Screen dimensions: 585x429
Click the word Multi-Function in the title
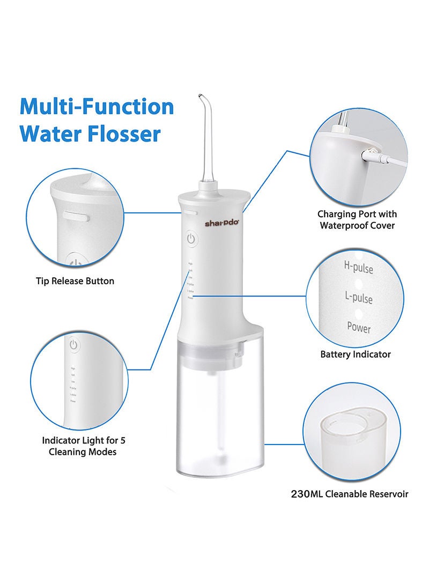[x=97, y=107]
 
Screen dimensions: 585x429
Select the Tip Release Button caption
[x=75, y=280]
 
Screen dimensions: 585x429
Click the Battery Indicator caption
[x=355, y=354]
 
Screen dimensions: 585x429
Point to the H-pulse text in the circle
[x=358, y=266]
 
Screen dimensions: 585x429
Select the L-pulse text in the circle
[x=358, y=297]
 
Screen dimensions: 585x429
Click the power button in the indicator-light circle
[x=73, y=345]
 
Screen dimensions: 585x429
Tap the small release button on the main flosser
[x=191, y=212]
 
